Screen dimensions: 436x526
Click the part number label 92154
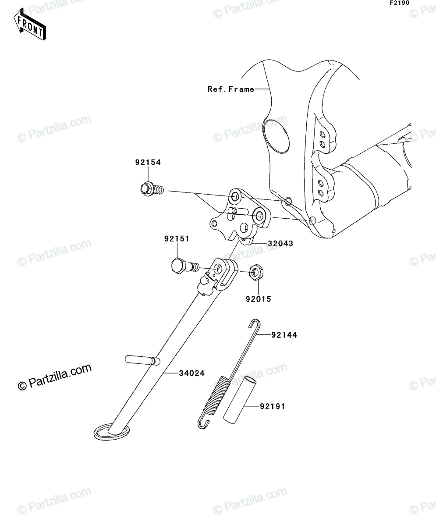[x=148, y=163]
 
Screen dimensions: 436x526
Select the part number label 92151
[x=177, y=238]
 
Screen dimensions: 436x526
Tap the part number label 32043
[x=280, y=243]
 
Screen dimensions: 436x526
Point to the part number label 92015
[x=259, y=299]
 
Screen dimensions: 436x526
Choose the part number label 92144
[x=284, y=335]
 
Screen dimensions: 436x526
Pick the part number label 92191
[x=273, y=414]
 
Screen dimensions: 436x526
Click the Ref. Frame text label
[x=231, y=89]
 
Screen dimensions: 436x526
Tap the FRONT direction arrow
[x=30, y=24]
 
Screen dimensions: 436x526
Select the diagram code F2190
[x=400, y=3]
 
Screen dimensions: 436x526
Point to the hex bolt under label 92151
[x=185, y=266]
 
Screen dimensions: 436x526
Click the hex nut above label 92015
[x=256, y=272]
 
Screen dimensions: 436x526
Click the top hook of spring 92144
[x=255, y=324]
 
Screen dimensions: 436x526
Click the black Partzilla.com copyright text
[x=54, y=377]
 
